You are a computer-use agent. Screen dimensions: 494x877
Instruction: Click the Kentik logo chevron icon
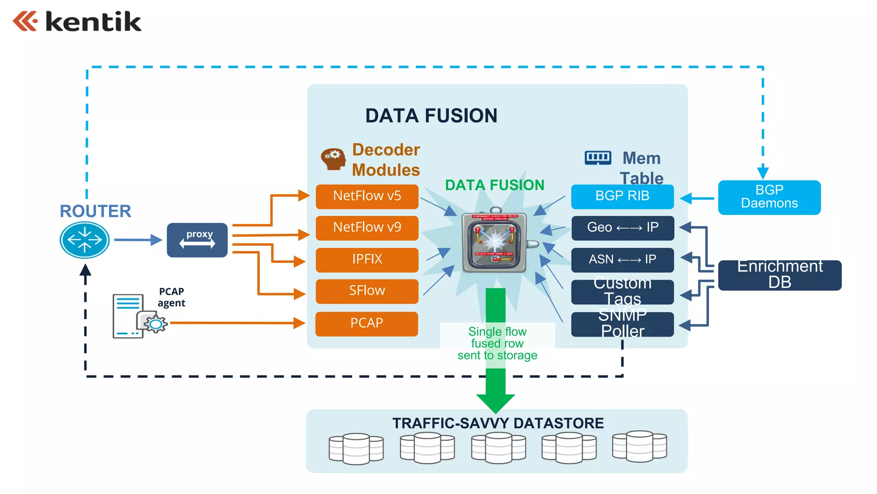pos(25,21)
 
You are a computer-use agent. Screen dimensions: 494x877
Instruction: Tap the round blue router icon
pos(84,240)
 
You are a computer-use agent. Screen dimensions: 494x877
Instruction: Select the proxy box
pos(197,240)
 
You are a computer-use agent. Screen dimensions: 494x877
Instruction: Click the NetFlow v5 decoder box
pos(367,196)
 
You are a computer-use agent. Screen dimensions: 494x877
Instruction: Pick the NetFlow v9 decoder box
pos(367,228)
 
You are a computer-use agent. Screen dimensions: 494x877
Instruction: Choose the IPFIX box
pos(367,259)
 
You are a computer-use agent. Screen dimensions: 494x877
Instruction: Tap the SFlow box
pos(367,291)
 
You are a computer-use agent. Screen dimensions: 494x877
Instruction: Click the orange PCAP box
pos(367,323)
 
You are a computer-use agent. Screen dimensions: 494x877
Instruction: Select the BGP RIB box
pos(622,196)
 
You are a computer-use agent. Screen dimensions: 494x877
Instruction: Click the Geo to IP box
pos(622,228)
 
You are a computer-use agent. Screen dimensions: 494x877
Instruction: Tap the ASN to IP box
pos(622,259)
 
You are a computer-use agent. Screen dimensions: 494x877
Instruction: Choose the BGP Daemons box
pos(769,197)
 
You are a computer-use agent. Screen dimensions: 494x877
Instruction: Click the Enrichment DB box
pos(779,275)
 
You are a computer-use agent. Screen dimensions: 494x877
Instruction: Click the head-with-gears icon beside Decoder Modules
pos(334,159)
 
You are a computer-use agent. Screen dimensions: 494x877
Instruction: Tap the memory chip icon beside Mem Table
pos(598,158)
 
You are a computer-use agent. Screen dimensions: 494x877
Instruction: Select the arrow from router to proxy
pos(137,240)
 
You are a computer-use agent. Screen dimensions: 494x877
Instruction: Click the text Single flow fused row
pos(497,338)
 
